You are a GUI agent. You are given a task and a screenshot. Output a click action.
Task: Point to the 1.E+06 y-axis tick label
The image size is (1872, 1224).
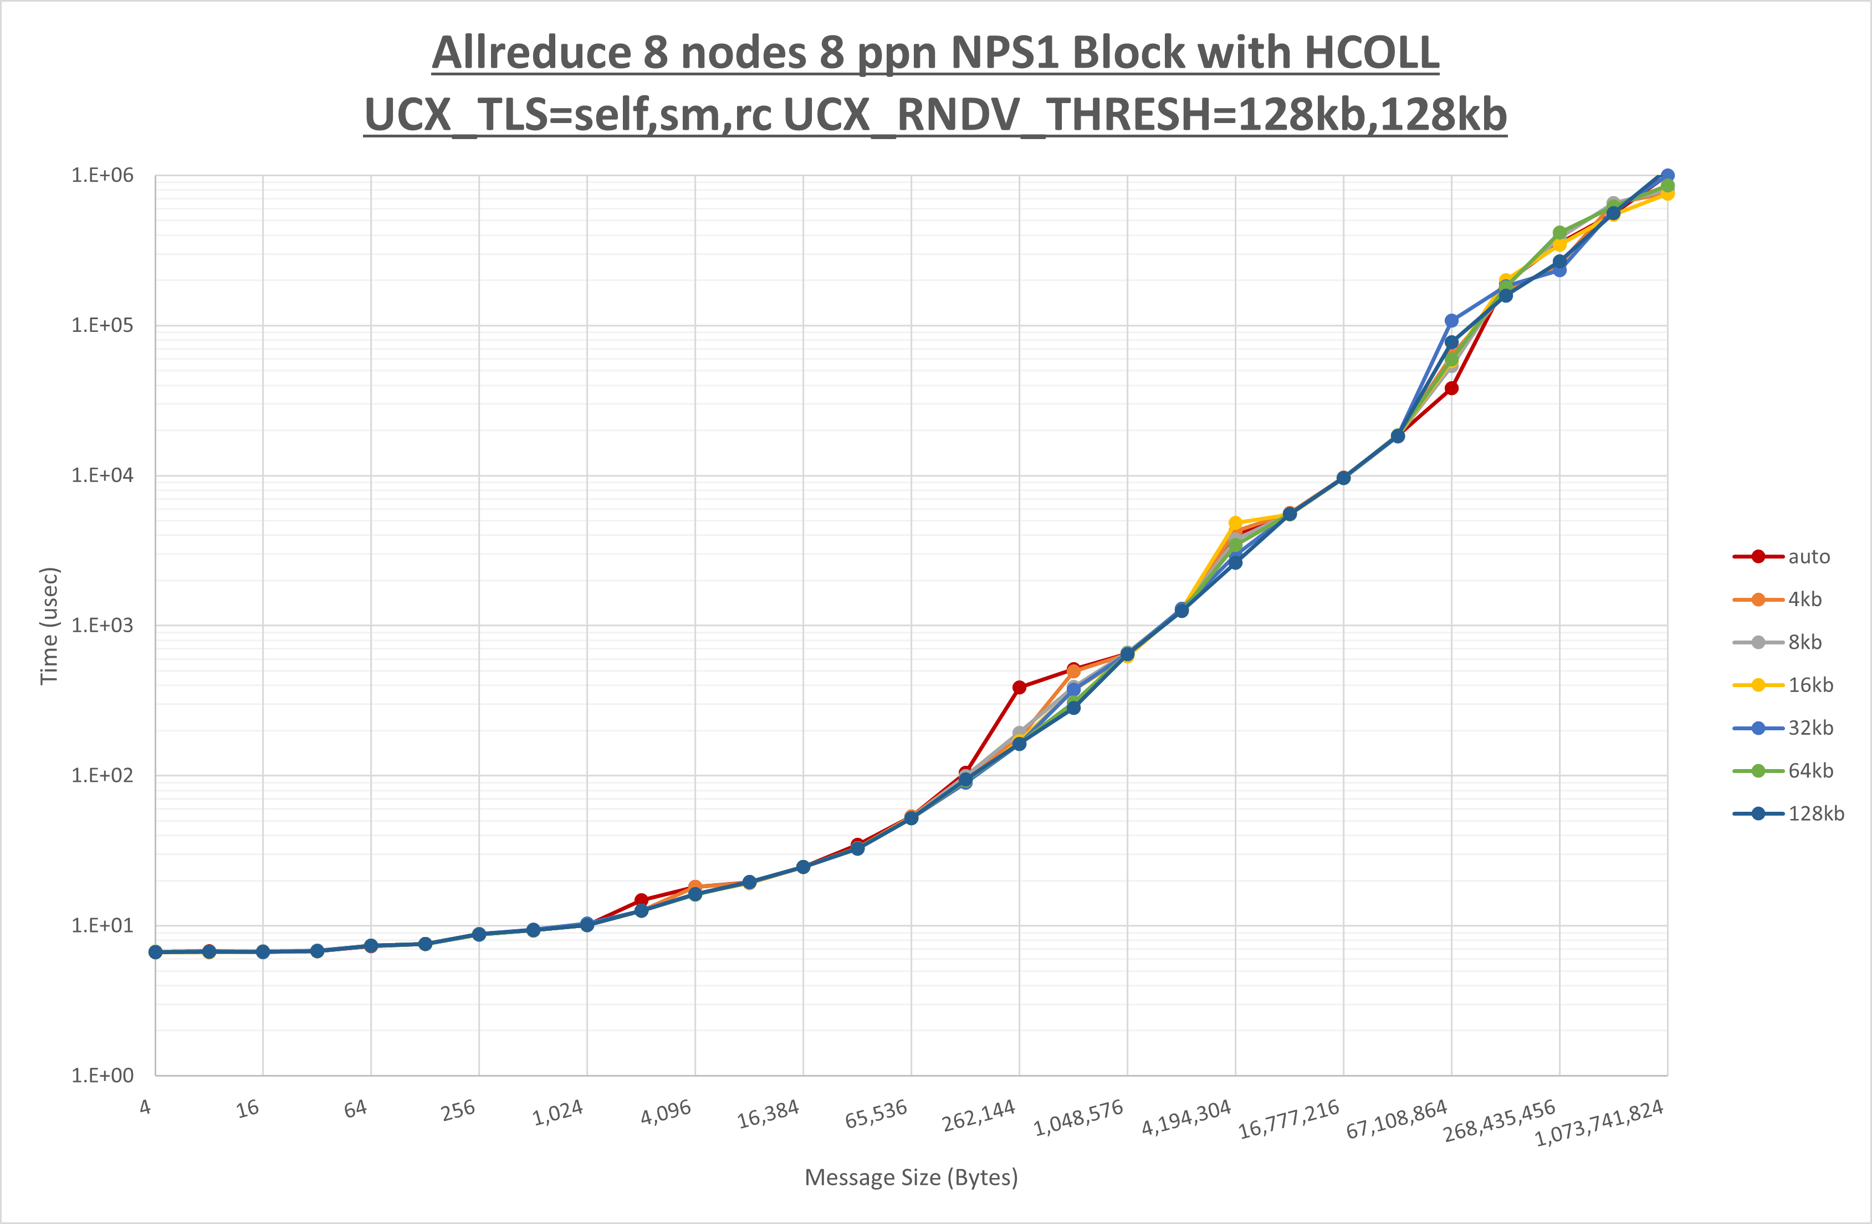click(103, 176)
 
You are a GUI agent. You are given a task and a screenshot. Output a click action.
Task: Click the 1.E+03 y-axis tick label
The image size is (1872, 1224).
click(103, 626)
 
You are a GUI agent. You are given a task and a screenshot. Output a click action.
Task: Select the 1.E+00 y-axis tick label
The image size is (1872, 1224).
click(103, 1076)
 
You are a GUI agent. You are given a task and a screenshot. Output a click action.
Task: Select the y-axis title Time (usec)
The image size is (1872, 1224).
click(49, 626)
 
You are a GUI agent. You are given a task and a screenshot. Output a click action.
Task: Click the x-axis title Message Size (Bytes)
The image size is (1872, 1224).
click(911, 1177)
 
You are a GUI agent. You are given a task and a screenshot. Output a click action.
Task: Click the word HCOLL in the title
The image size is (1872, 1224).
click(1371, 54)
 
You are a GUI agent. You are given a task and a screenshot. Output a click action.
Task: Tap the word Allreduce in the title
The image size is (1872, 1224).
click(531, 54)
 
